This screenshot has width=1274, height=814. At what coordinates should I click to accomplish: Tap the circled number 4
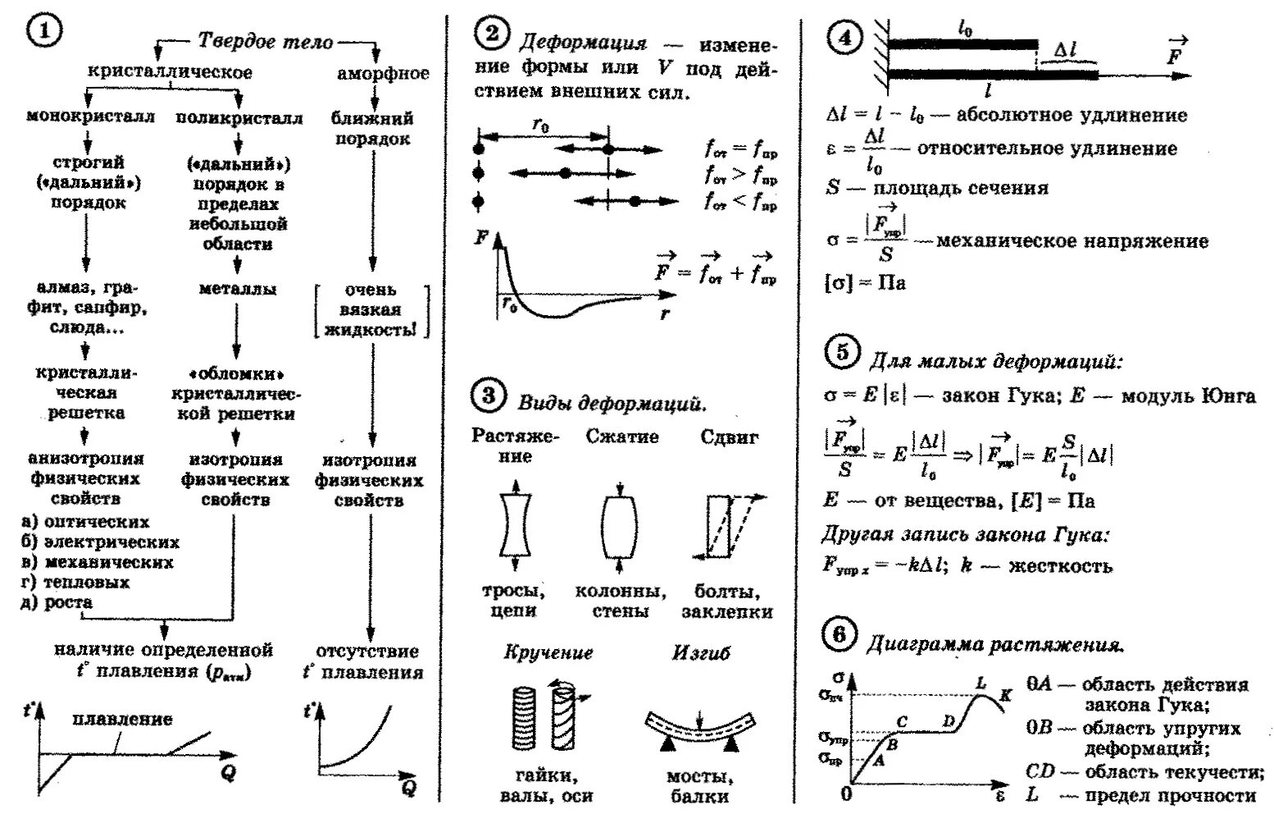click(x=844, y=38)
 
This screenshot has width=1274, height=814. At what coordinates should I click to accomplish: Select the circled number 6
click(x=839, y=635)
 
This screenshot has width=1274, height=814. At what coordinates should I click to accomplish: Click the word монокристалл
click(x=90, y=117)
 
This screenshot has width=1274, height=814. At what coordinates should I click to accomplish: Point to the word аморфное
click(x=383, y=73)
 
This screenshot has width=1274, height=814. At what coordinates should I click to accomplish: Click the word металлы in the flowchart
click(x=238, y=289)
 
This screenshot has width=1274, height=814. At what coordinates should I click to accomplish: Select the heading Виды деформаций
click(x=612, y=403)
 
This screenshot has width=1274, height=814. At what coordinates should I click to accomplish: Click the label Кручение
click(x=548, y=652)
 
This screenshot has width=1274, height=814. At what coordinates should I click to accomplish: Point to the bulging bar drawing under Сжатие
click(x=618, y=524)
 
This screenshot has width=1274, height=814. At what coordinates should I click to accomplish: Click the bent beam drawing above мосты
click(x=699, y=726)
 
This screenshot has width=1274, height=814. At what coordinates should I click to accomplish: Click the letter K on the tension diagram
click(x=1005, y=696)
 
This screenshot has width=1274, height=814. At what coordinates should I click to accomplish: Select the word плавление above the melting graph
click(x=122, y=719)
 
